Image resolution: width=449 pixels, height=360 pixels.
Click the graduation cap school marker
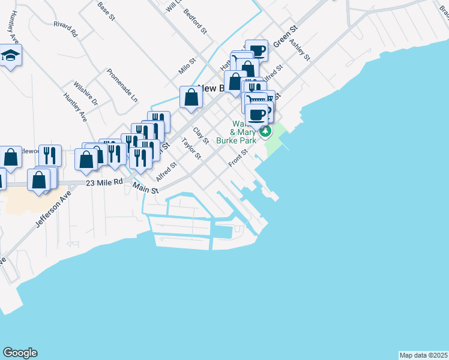[10, 56]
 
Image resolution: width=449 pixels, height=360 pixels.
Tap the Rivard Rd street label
[65, 29]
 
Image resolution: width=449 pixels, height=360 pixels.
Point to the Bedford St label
[195, 20]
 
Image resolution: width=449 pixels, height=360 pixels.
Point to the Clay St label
[200, 136]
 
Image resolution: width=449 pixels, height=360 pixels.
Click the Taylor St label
[191, 149]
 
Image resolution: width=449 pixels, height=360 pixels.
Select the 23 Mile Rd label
[104, 181]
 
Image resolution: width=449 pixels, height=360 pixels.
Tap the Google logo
[20, 353]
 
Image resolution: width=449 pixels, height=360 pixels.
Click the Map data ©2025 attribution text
[423, 355]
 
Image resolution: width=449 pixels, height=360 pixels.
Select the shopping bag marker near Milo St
[190, 97]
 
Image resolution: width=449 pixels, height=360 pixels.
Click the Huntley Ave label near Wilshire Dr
[75, 109]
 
